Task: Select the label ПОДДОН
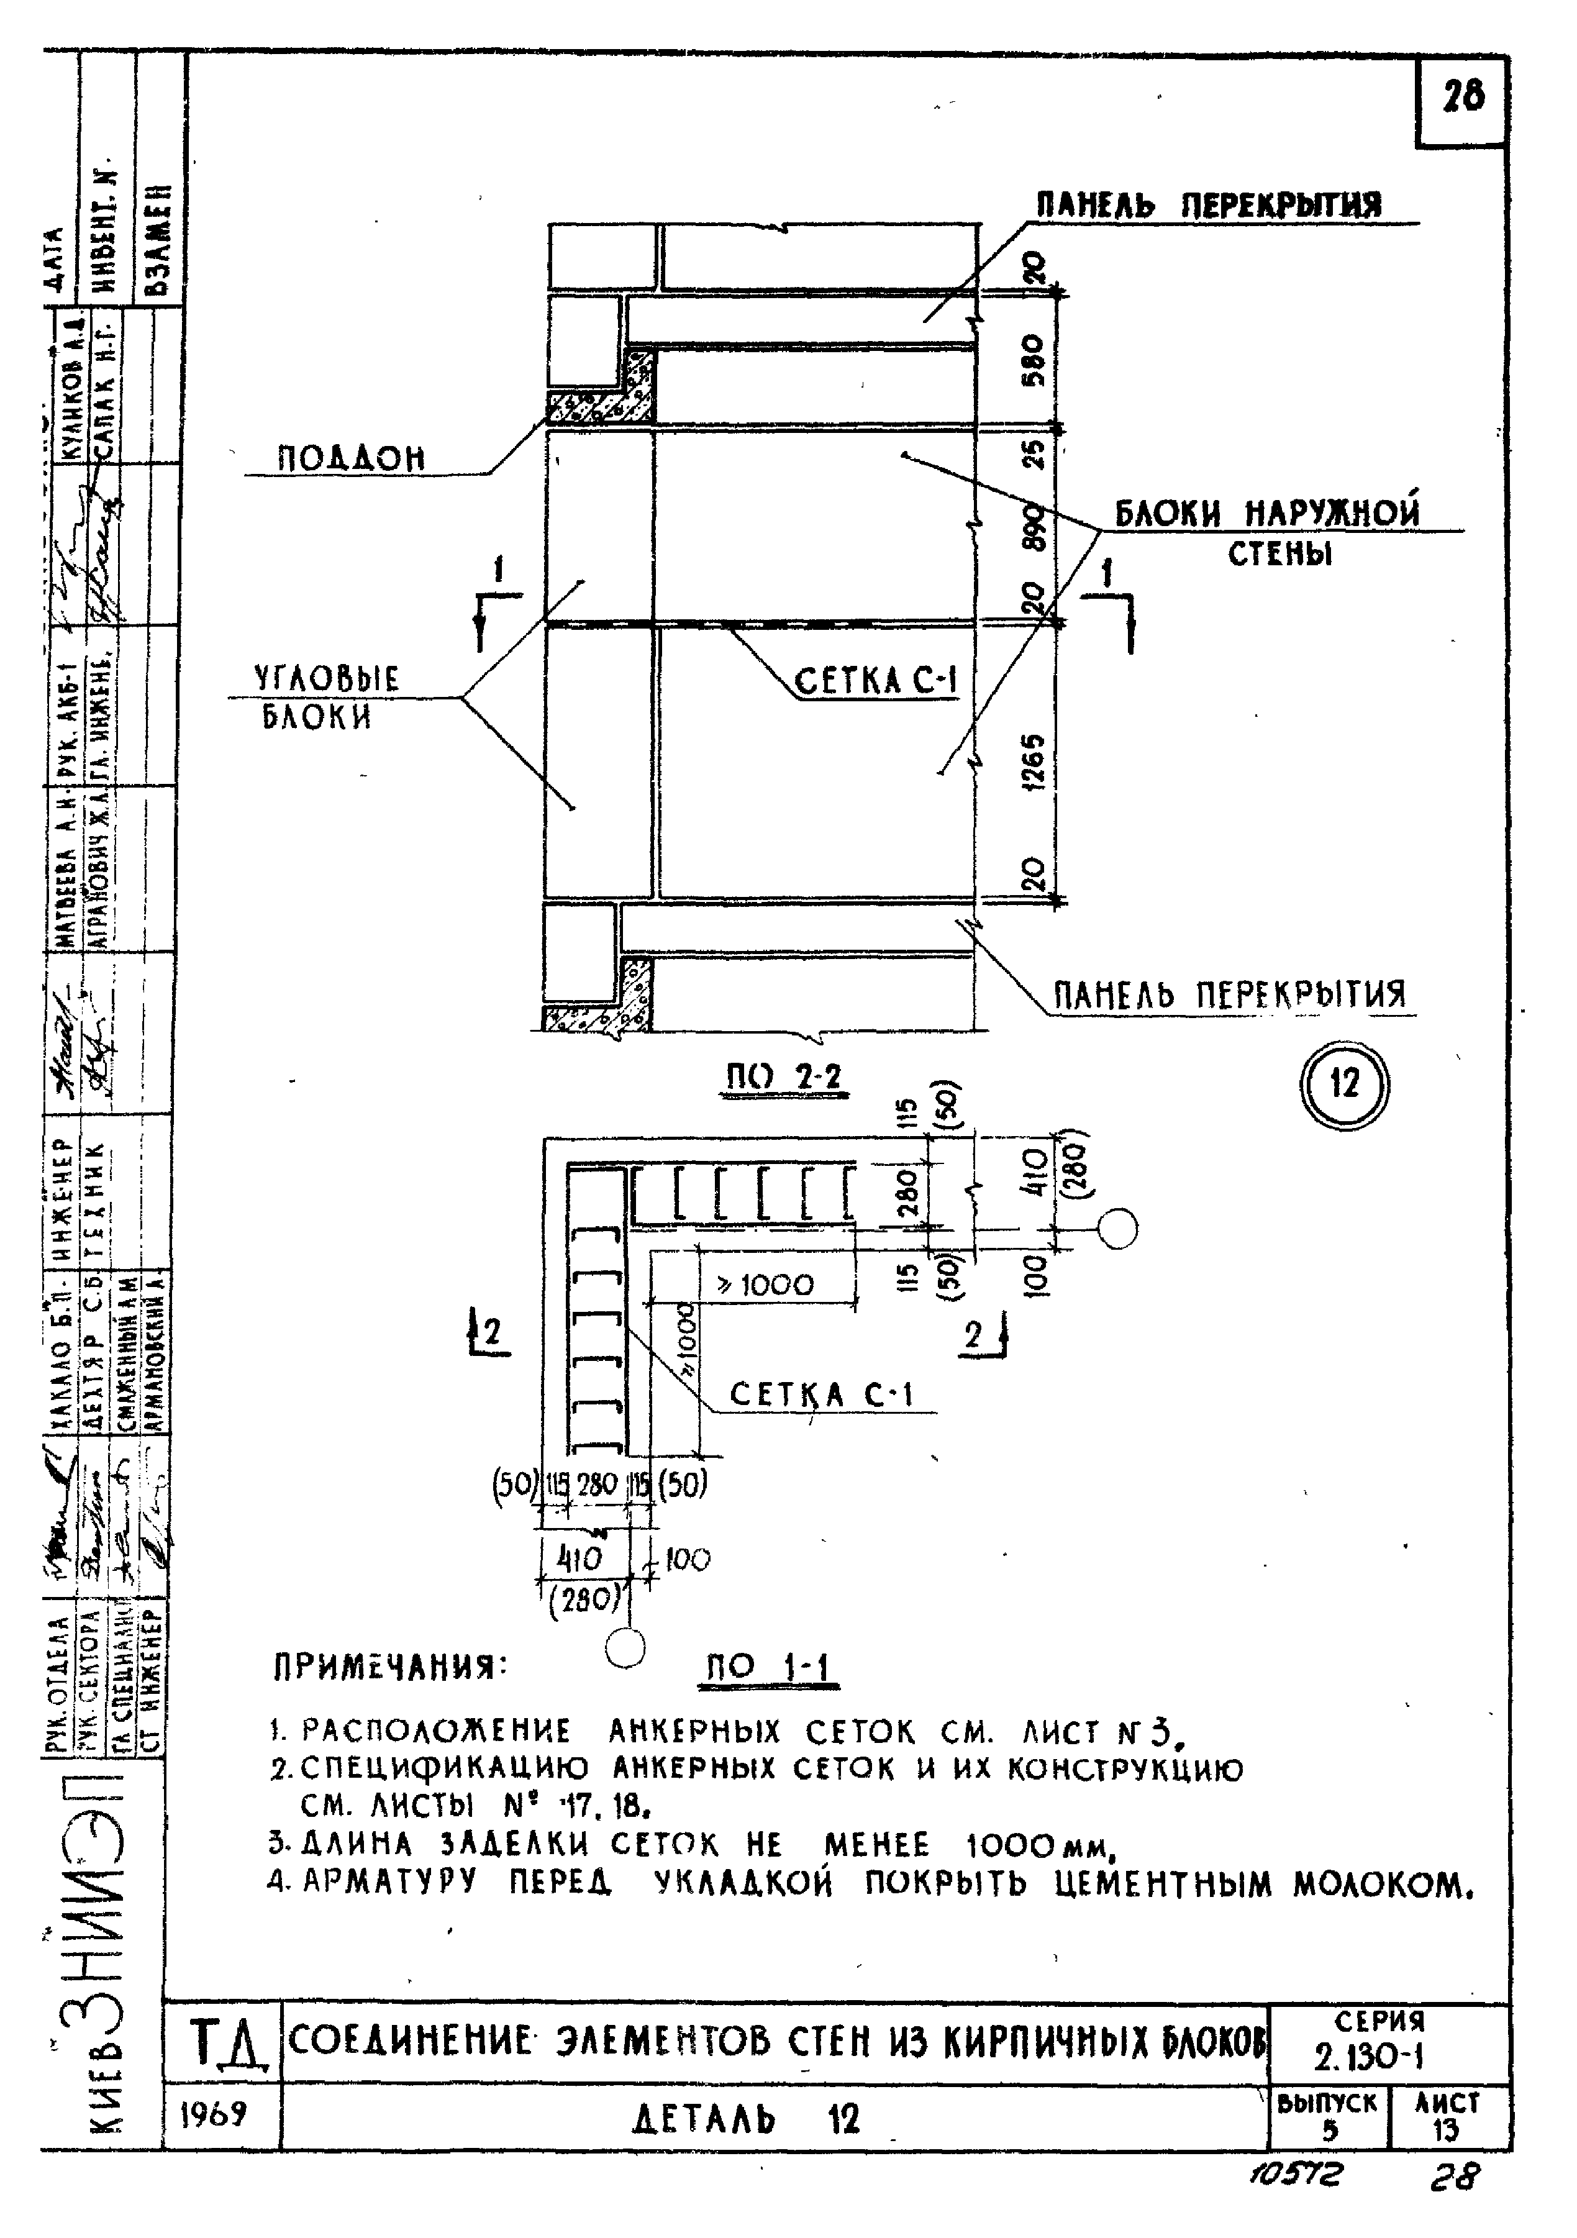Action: [353, 458]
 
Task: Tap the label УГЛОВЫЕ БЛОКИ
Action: [327, 698]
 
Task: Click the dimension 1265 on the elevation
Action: [1035, 762]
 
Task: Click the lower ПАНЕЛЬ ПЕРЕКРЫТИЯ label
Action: [1230, 995]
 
